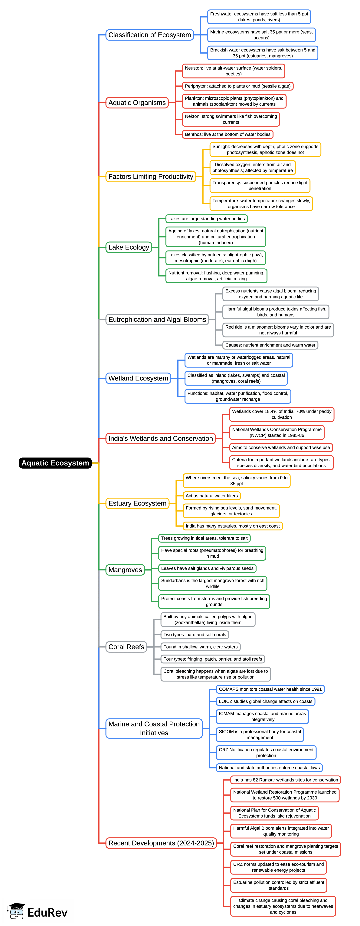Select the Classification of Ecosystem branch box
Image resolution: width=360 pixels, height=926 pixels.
pyautogui.click(x=149, y=35)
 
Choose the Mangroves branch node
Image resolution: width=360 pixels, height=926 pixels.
pyautogui.click(x=125, y=570)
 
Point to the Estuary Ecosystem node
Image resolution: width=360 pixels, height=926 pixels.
pyautogui.click(x=137, y=503)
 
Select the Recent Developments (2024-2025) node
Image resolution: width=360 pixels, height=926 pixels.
pyautogui.click(x=161, y=843)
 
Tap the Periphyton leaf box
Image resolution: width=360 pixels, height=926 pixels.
pyautogui.click(x=237, y=86)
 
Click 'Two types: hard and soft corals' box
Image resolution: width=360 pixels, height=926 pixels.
pyautogui.click(x=195, y=635)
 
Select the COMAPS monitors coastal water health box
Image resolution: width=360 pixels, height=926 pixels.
pyautogui.click(x=270, y=689)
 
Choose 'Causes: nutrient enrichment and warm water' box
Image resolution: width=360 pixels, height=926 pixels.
pyautogui.click(x=270, y=345)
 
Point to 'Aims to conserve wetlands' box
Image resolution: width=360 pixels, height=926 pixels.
pyautogui.click(x=281, y=448)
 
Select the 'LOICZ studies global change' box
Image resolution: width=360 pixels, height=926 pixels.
pyautogui.click(x=266, y=701)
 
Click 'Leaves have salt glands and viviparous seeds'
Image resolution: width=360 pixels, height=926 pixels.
pyautogui.click(x=207, y=568)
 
